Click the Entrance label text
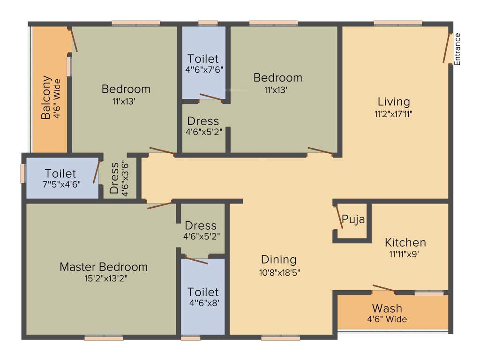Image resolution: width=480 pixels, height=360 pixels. (x=458, y=49)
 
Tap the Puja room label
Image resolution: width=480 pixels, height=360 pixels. (x=353, y=219)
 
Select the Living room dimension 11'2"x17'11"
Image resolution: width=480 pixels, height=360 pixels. (x=394, y=113)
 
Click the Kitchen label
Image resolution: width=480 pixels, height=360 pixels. (x=405, y=242)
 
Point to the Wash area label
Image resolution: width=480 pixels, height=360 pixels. (x=387, y=308)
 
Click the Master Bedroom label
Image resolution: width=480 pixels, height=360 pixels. (x=104, y=267)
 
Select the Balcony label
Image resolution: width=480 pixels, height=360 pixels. (x=46, y=97)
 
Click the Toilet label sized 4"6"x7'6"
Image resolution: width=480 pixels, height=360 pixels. (x=203, y=59)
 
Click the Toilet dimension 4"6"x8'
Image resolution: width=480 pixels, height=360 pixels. (x=203, y=303)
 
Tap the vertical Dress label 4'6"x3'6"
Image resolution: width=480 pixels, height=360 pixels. (x=114, y=178)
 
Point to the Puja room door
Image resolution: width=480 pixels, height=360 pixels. (x=339, y=217)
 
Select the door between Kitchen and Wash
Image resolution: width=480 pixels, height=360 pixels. (x=383, y=288)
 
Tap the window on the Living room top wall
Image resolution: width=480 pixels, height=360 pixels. (x=397, y=22)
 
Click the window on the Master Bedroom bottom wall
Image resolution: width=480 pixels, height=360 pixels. (x=104, y=337)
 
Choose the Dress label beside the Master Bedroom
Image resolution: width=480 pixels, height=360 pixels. (x=201, y=225)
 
